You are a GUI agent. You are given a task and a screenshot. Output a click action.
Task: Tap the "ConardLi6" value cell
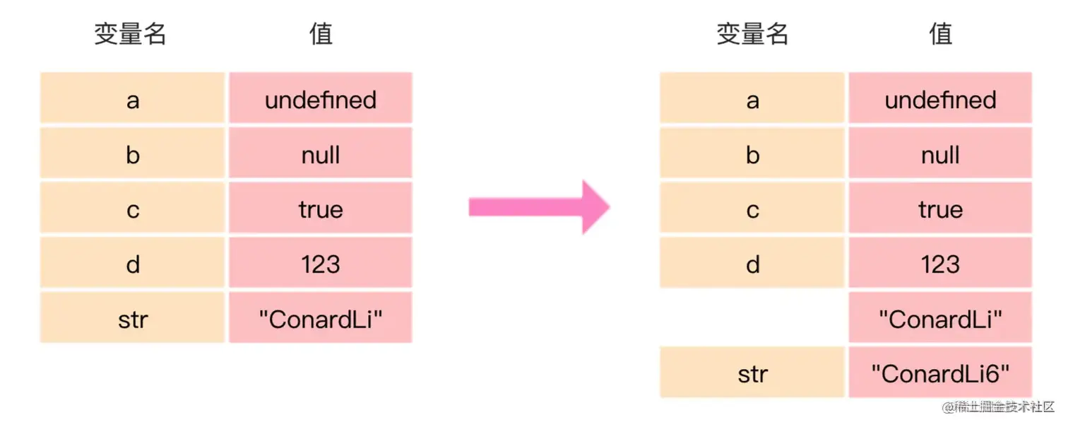pos(940,373)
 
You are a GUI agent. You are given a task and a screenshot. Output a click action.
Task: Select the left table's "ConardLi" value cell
pos(321,318)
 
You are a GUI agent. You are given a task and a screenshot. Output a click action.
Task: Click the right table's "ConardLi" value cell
pos(940,318)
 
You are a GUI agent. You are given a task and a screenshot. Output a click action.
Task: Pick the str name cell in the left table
pos(133,318)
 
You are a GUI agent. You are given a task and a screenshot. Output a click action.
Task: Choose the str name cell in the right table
pos(752,373)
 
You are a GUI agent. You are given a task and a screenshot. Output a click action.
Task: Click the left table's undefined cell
pos(321,100)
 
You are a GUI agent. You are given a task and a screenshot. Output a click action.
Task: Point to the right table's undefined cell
pos(940,100)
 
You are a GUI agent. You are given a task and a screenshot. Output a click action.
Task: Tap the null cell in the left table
pos(321,154)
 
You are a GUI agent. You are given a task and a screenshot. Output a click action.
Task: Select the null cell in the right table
pos(940,154)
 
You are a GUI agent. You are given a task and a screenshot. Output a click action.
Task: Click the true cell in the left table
pos(321,209)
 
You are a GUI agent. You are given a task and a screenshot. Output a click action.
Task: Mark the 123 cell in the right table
pos(940,264)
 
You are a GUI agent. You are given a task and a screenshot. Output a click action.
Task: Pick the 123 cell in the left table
pos(321,264)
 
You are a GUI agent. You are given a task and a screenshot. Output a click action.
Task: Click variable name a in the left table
pos(133,100)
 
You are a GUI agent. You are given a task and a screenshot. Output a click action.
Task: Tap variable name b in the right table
pos(752,154)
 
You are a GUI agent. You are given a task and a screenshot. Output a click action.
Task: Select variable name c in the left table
pos(133,209)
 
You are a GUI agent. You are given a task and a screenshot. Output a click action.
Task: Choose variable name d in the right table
pos(752,264)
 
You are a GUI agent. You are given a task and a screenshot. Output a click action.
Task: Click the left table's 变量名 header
pos(131,34)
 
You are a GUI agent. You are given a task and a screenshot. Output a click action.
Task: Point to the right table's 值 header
pos(941,34)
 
